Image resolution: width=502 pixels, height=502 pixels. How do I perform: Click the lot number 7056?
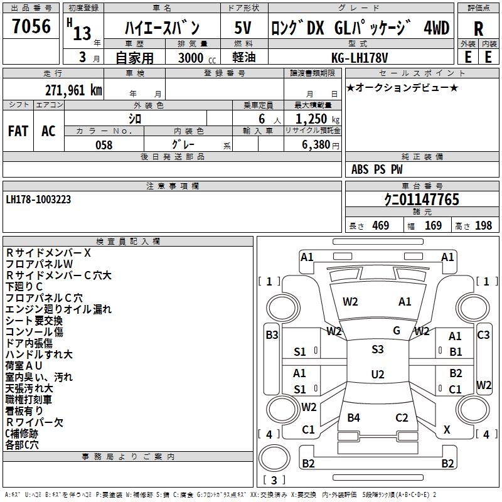[31, 27]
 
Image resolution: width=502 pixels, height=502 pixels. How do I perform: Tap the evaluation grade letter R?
[478, 29]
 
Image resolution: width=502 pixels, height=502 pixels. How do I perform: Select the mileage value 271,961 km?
[73, 90]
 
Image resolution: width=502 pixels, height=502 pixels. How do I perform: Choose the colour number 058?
[104, 145]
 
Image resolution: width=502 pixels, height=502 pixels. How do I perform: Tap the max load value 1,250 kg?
[313, 119]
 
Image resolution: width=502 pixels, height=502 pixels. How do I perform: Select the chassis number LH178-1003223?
[38, 200]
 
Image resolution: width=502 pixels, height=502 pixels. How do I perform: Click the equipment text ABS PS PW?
[376, 169]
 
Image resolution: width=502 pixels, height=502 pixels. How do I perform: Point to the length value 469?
[380, 226]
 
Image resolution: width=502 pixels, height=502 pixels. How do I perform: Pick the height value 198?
[483, 226]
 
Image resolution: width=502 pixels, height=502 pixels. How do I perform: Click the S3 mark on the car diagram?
[377, 350]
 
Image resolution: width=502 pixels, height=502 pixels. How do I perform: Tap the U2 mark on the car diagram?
[377, 375]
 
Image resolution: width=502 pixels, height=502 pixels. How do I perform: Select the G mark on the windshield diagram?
[397, 331]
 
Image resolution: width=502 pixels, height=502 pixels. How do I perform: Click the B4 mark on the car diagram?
[354, 418]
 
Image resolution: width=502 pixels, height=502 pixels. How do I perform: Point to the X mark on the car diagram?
[447, 430]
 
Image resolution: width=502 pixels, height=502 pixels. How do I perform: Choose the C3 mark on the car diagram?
[483, 335]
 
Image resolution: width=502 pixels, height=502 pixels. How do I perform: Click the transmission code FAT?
[18, 131]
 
